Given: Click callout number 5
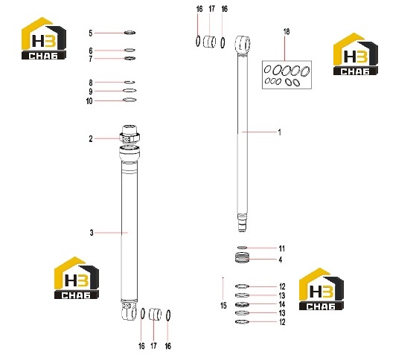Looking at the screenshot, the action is pyautogui.click(x=91, y=33).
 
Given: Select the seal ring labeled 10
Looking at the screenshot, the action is pyautogui.click(x=129, y=100).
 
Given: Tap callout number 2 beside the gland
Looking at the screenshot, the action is pyautogui.click(x=91, y=139).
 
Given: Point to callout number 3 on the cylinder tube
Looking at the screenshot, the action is pyautogui.click(x=92, y=233).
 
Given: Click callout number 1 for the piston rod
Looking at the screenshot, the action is pyautogui.click(x=280, y=132).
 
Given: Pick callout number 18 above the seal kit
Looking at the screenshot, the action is pyautogui.click(x=287, y=32).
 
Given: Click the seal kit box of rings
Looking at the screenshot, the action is pyautogui.click(x=287, y=75).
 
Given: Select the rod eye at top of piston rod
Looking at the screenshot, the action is pyautogui.click(x=243, y=45).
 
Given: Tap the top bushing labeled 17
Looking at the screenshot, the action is pyautogui.click(x=210, y=42).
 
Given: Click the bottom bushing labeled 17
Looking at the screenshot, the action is pyautogui.click(x=156, y=314).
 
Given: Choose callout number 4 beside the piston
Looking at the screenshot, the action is pyautogui.click(x=281, y=260).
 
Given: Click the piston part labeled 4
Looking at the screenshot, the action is pyautogui.click(x=243, y=258).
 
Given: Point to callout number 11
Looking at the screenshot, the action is pyautogui.click(x=282, y=248).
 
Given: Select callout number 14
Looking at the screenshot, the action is pyautogui.click(x=282, y=304).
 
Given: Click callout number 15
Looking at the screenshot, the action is pyautogui.click(x=223, y=306).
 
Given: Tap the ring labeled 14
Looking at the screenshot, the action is pyautogui.click(x=243, y=304).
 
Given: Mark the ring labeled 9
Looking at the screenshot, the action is pyautogui.click(x=129, y=91).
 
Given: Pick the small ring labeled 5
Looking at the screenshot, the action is pyautogui.click(x=130, y=33).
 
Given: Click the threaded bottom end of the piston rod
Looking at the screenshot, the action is pyautogui.click(x=242, y=222).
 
